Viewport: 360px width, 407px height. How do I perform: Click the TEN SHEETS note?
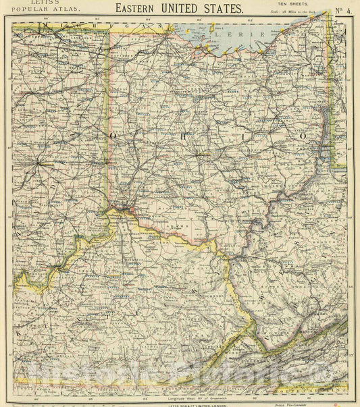292,5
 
